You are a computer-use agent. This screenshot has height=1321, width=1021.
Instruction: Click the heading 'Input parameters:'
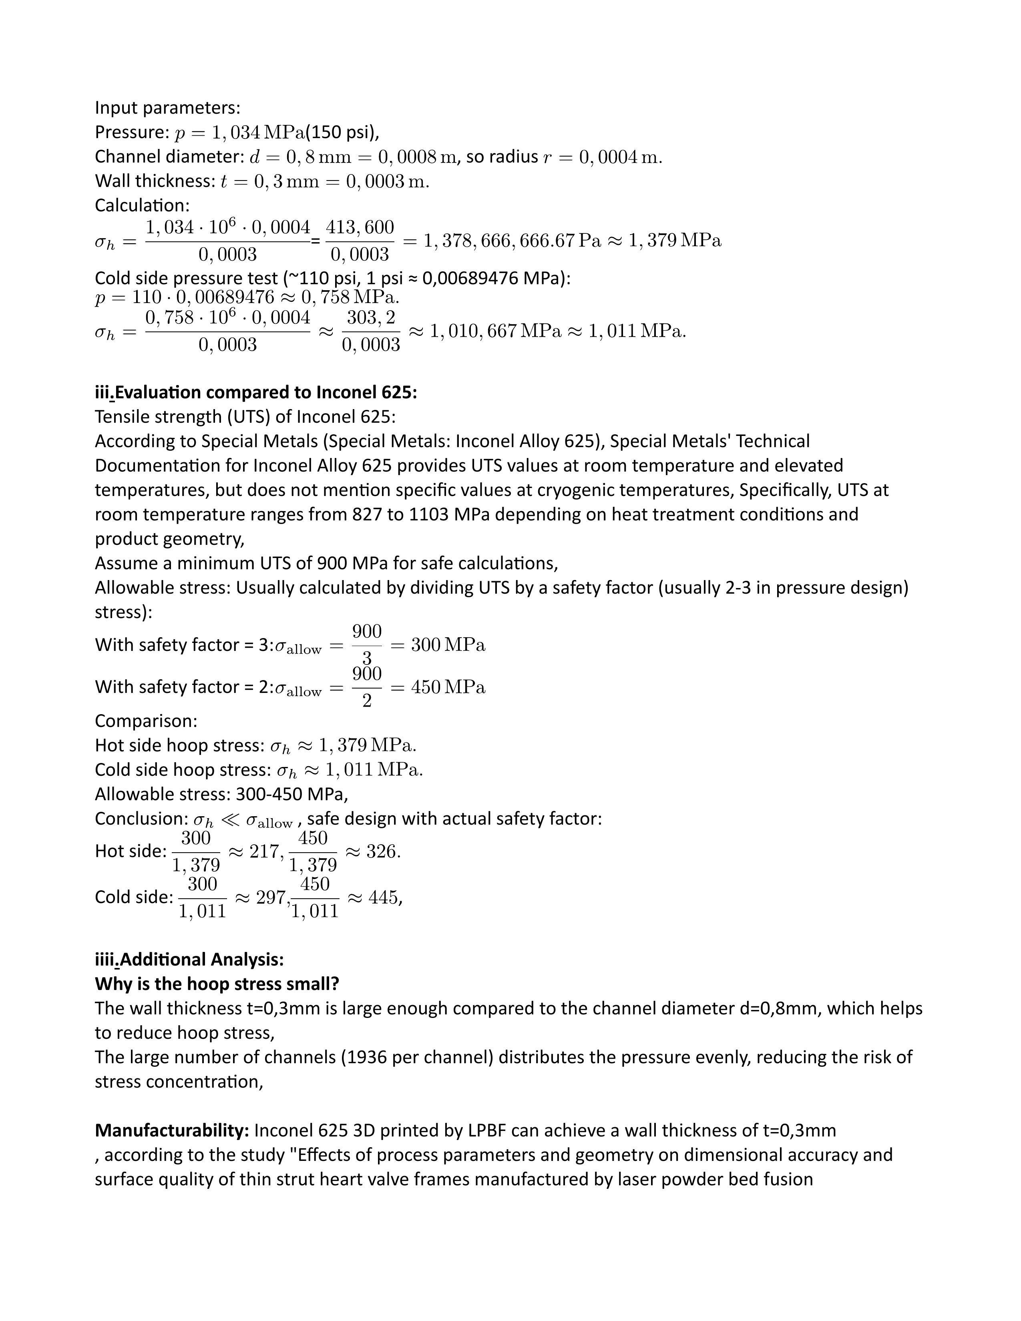(167, 108)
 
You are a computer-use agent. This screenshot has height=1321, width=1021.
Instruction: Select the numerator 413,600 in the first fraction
(360, 227)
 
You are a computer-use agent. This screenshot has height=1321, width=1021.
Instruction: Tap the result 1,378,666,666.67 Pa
(512, 241)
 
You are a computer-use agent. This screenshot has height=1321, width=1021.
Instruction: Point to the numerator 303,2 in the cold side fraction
(371, 317)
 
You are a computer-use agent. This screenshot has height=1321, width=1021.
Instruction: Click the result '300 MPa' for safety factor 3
(448, 645)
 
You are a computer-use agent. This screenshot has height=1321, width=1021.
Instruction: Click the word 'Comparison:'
(146, 721)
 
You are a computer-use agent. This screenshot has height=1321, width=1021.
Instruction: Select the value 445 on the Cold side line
(384, 897)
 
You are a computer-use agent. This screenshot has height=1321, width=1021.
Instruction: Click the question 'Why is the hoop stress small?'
(217, 984)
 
